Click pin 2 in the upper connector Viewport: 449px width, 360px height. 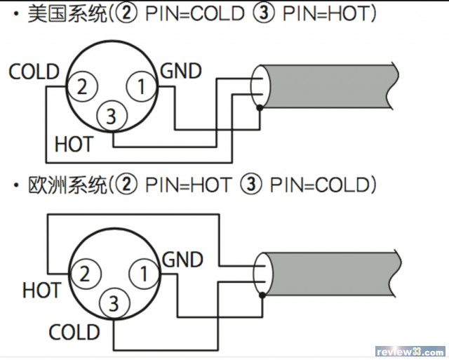(82, 88)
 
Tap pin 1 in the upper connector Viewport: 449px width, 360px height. (141, 88)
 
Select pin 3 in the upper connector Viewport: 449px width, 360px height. (111, 116)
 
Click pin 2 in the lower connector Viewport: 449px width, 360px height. (84, 274)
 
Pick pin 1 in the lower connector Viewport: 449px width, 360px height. (143, 274)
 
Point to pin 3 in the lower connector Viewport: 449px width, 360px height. (113, 304)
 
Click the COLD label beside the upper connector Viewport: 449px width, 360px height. (34, 72)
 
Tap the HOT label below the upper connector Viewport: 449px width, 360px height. (73, 145)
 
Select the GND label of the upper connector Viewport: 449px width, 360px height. (181, 71)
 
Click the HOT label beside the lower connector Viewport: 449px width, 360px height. (41, 289)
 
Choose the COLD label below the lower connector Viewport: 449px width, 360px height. (74, 332)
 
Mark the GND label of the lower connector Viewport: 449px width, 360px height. (182, 260)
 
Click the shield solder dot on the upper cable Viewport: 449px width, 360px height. (260, 108)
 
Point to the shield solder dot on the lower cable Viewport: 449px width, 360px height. (262, 295)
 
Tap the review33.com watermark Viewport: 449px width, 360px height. (410, 350)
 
